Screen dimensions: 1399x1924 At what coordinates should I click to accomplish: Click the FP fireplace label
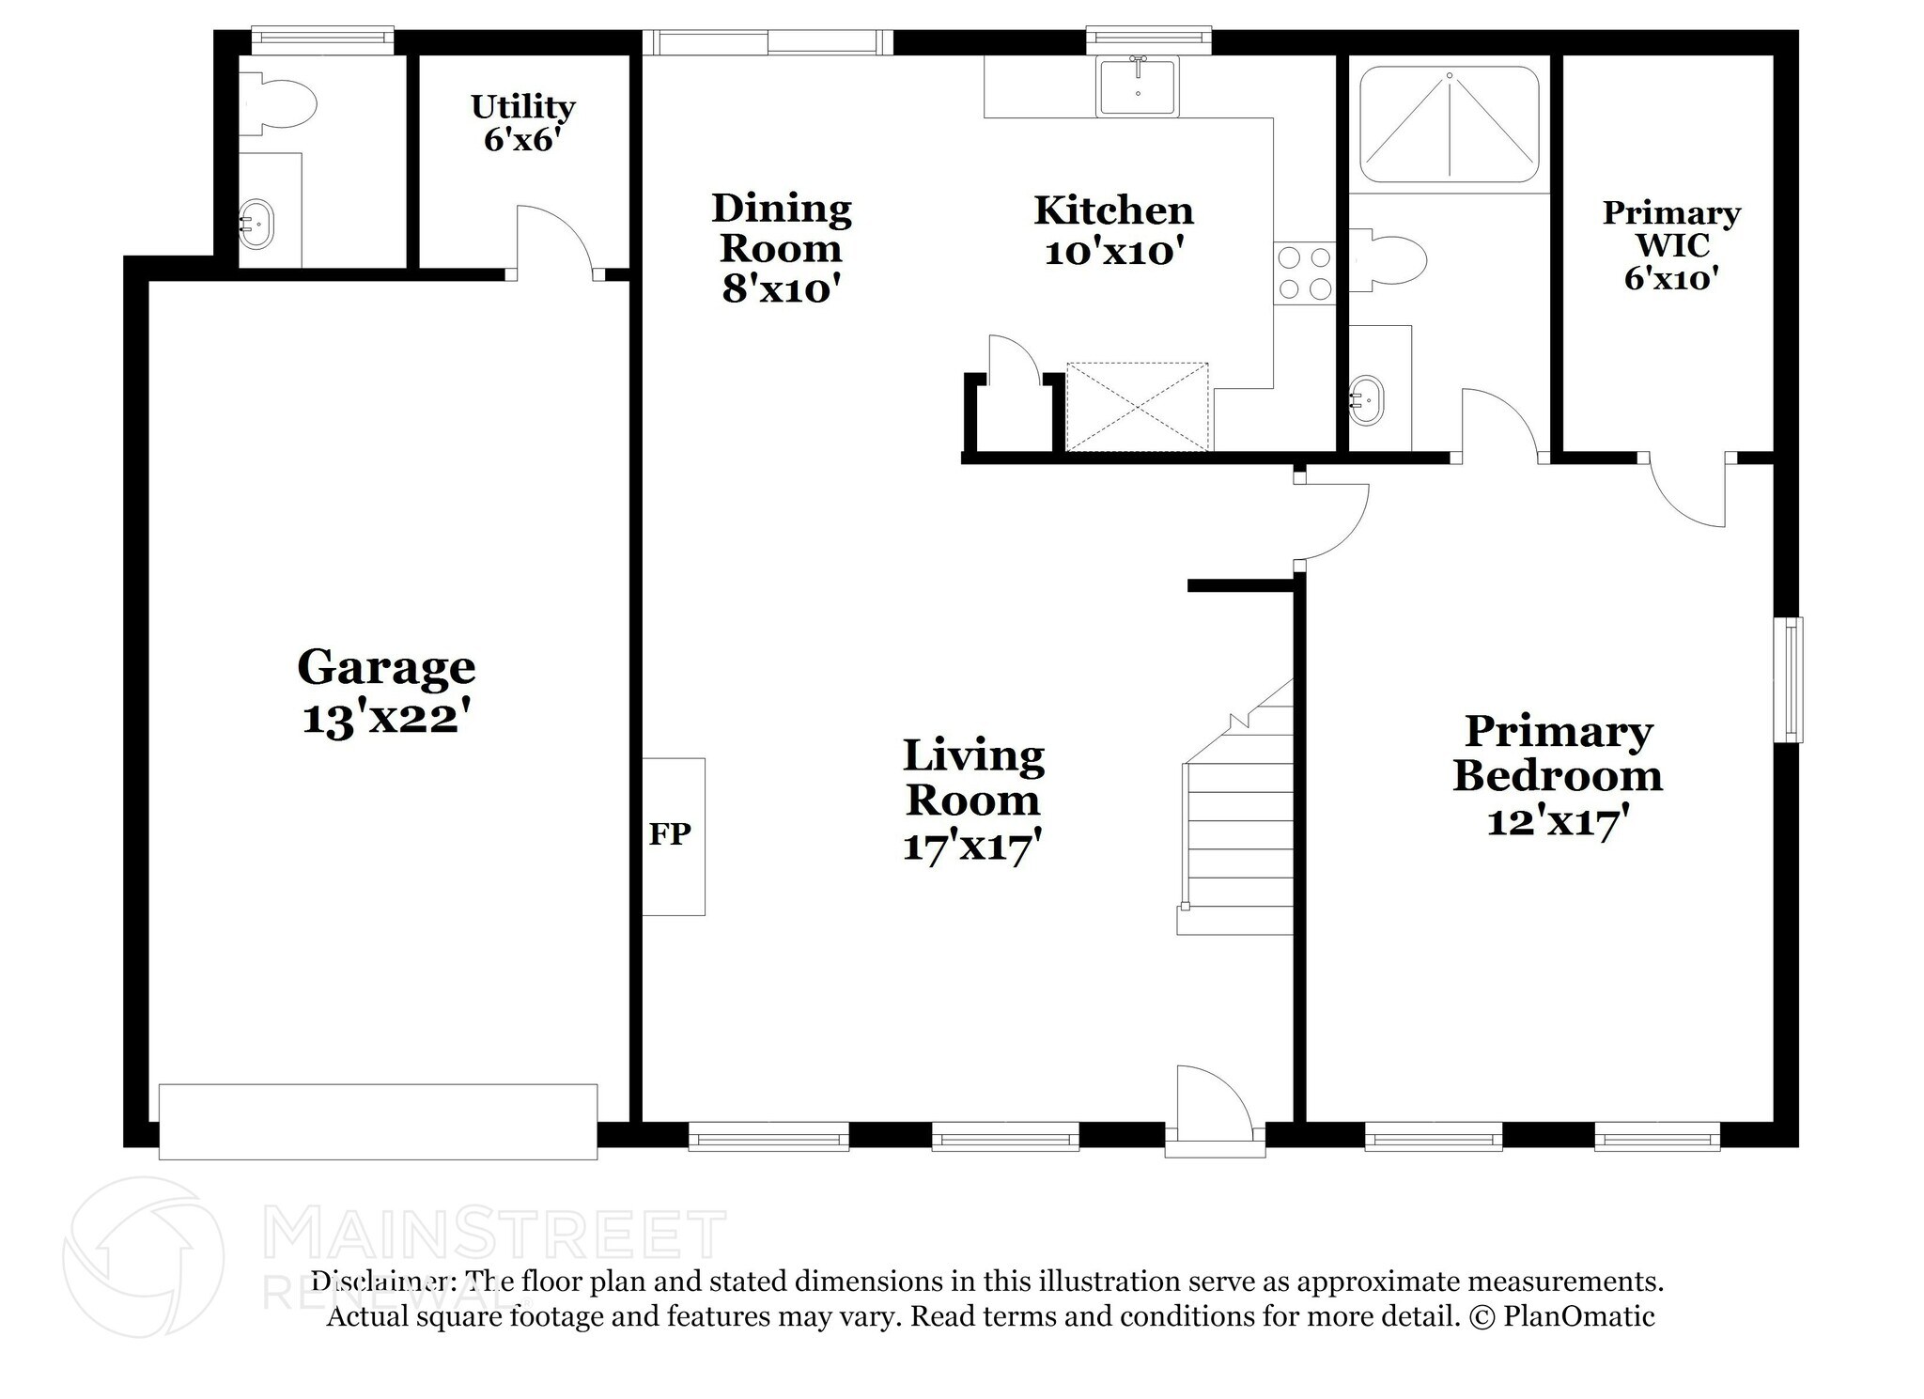tap(669, 833)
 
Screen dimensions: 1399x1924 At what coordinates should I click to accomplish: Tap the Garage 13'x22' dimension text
tap(385, 720)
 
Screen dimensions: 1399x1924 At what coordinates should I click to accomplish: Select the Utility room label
tap(522, 107)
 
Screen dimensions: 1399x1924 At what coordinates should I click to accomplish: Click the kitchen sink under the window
tap(1138, 86)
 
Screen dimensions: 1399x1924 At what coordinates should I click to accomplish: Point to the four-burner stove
tap(1305, 273)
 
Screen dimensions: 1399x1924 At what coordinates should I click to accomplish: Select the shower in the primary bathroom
tap(1449, 124)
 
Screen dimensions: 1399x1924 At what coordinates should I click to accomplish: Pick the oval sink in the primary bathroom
tap(1366, 401)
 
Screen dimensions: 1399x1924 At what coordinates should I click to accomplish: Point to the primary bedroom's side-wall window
tap(1787, 678)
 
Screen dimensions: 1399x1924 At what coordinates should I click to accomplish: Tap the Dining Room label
tap(781, 228)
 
